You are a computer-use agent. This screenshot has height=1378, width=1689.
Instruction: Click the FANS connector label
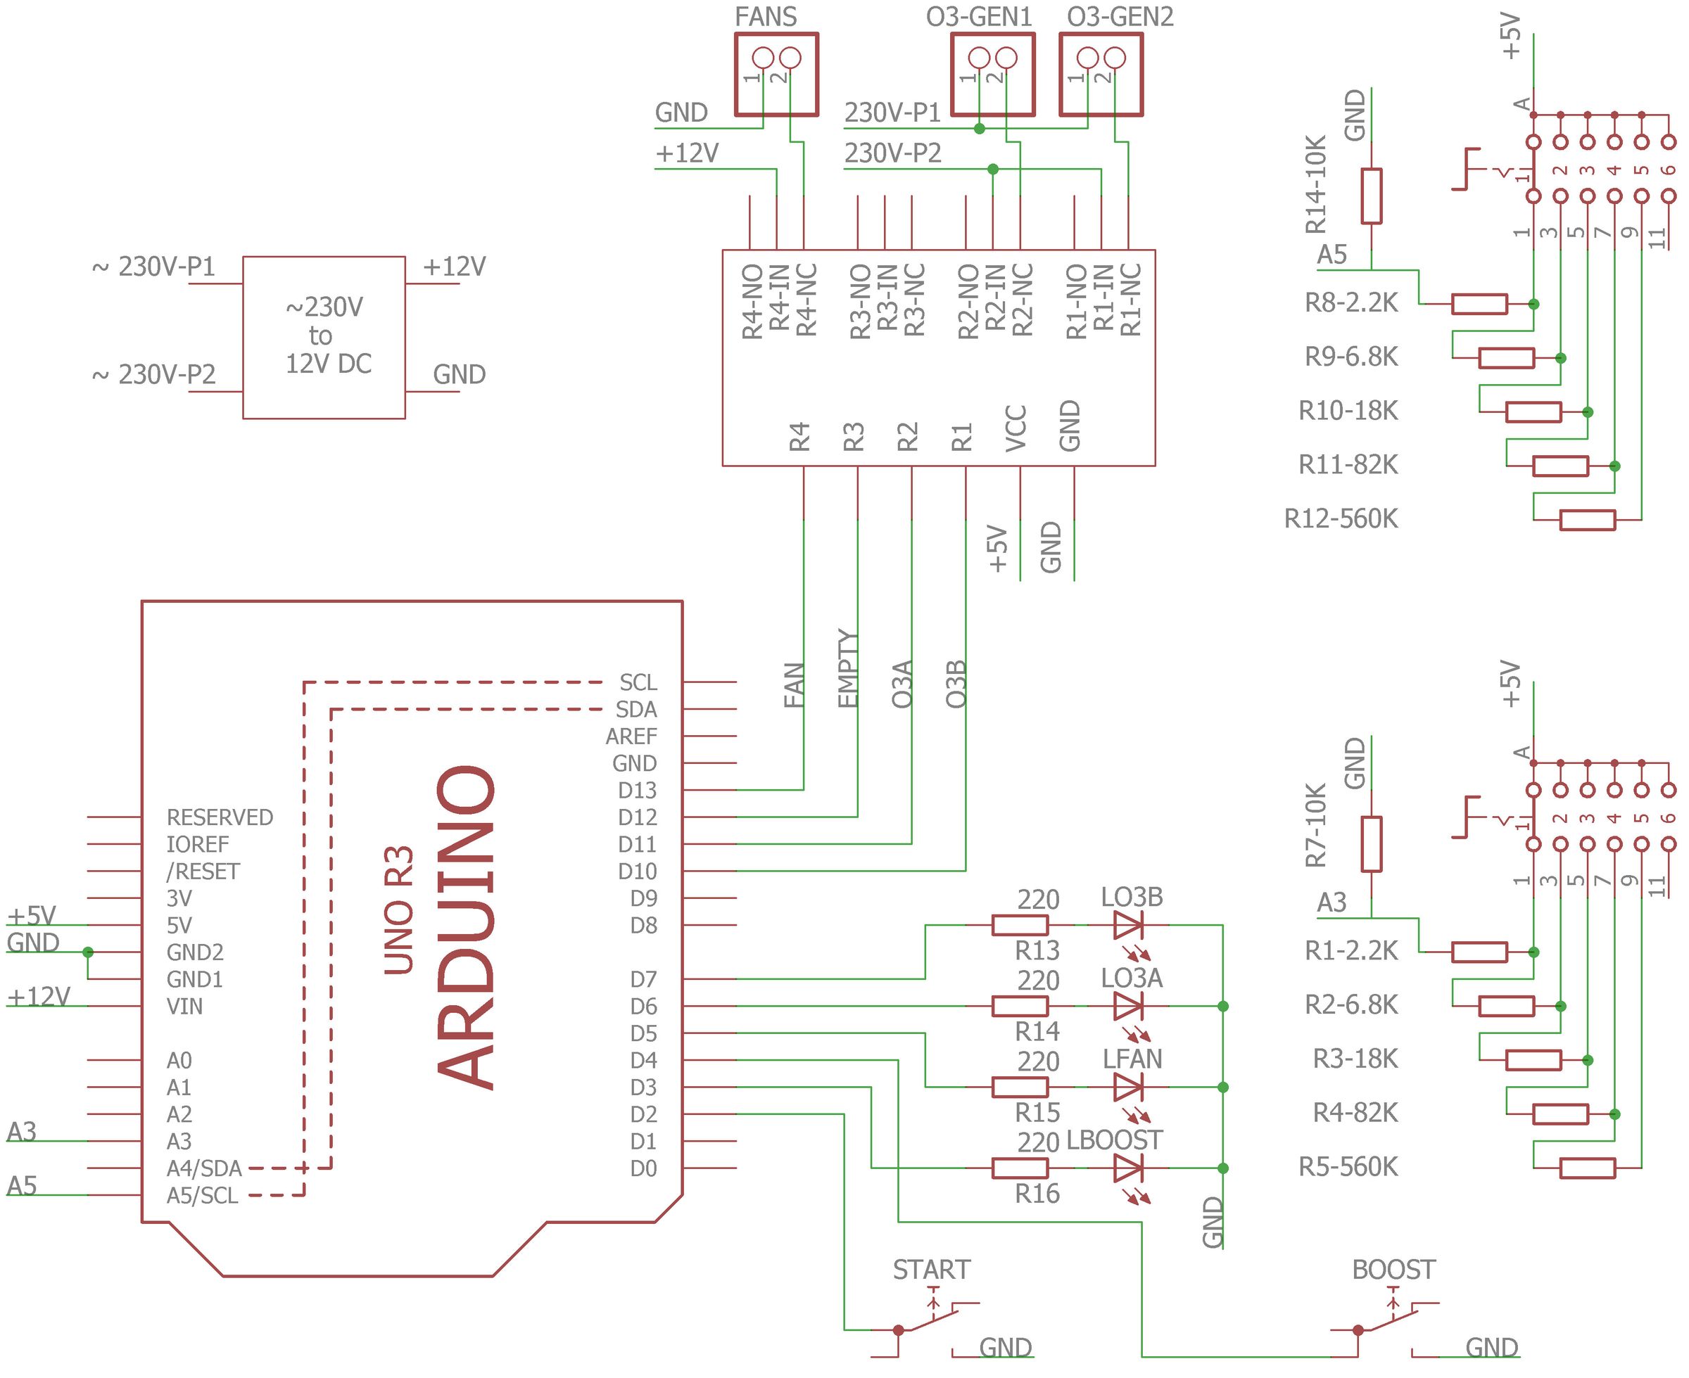click(x=766, y=17)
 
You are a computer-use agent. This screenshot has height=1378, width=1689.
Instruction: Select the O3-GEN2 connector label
click(x=1120, y=17)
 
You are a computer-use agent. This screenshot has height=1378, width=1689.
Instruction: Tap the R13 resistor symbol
click(x=1020, y=926)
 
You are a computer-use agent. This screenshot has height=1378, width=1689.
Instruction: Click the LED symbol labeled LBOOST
click(x=1128, y=1168)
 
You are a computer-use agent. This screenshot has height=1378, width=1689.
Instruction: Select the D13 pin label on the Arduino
click(x=637, y=791)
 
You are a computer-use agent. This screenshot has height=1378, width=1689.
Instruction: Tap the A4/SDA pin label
click(x=204, y=1168)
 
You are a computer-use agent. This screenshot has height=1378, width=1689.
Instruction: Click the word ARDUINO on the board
click(x=467, y=927)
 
